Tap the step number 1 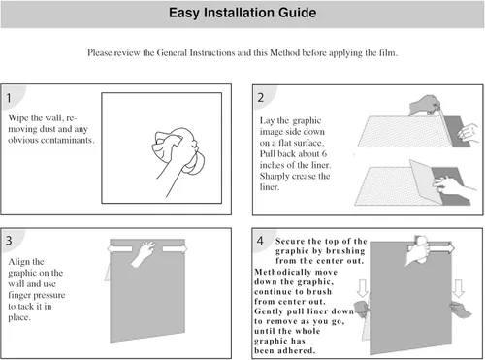click(x=9, y=98)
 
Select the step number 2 click(x=261, y=97)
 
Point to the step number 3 click(x=9, y=241)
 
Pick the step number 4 click(x=260, y=241)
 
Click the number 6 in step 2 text click(x=324, y=153)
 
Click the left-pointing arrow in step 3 click(x=119, y=248)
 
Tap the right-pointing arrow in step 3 click(x=175, y=248)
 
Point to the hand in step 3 click(x=144, y=253)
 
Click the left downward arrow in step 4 click(x=363, y=288)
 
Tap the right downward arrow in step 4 click(x=458, y=288)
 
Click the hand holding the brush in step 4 click(x=418, y=250)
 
